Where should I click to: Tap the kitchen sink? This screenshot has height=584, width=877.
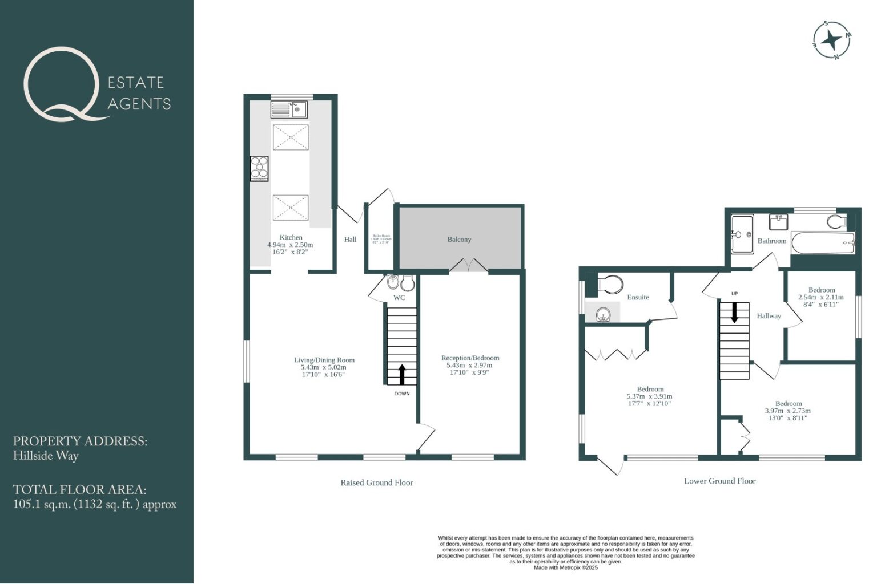click(289, 109)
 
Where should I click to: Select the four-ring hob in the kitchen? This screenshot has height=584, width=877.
click(259, 169)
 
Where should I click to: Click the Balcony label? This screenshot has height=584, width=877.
click(459, 240)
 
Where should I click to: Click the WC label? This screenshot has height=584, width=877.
click(399, 298)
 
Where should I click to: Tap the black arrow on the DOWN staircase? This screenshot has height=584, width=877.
click(401, 374)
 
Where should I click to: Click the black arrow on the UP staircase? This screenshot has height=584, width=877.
click(734, 312)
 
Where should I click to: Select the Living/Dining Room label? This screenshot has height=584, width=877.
click(324, 360)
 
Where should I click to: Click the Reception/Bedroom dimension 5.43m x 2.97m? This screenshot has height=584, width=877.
click(470, 365)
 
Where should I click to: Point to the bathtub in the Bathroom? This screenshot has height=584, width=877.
click(823, 243)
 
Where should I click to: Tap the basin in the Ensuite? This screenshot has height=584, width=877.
click(602, 313)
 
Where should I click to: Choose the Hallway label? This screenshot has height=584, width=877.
click(769, 316)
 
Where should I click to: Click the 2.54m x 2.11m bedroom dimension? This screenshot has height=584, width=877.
click(820, 297)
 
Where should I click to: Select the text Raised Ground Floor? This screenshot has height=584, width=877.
click(376, 482)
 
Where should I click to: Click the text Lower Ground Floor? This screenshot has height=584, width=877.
click(719, 481)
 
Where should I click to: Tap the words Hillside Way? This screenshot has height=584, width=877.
click(46, 456)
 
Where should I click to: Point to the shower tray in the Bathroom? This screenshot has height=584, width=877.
click(742, 234)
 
